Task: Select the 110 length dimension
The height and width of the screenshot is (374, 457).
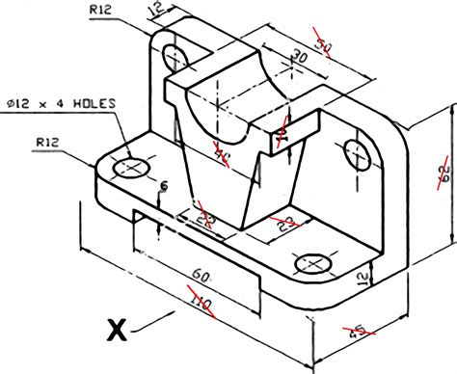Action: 199,305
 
